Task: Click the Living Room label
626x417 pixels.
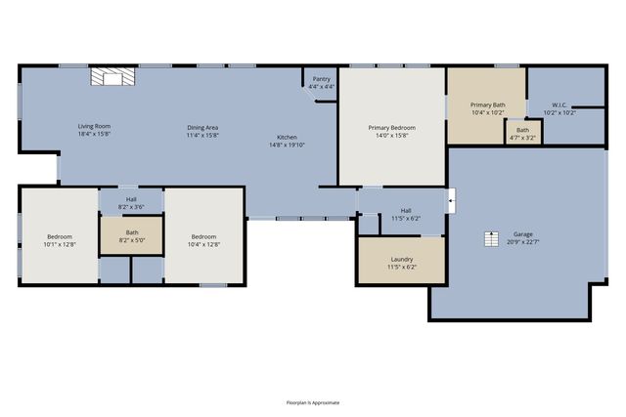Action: point(94,127)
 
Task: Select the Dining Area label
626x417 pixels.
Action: point(203,127)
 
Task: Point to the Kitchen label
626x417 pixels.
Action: point(287,137)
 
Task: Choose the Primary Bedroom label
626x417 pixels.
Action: point(391,128)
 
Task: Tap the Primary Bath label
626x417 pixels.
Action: point(486,104)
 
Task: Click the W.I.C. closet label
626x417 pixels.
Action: point(559,104)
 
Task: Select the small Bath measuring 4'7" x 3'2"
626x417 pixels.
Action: point(522,132)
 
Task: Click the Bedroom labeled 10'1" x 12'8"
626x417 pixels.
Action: point(60,237)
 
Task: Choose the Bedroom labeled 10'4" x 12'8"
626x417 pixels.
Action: point(203,237)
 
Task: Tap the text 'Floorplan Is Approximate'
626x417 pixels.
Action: point(313,402)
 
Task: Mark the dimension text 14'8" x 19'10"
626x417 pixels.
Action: point(287,145)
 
